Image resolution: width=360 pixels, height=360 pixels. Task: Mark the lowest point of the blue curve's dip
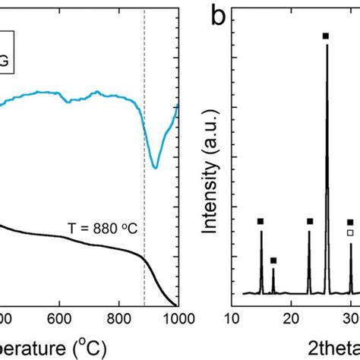pos(155,167)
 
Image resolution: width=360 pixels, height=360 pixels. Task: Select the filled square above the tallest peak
pos(326,36)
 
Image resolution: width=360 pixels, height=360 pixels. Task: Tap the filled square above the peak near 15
pos(261,221)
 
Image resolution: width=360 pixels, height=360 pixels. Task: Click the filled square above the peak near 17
pos(273,261)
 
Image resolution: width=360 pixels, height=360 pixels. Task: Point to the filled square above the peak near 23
pos(310,221)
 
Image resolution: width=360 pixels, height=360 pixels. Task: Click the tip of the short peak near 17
pos(273,270)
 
